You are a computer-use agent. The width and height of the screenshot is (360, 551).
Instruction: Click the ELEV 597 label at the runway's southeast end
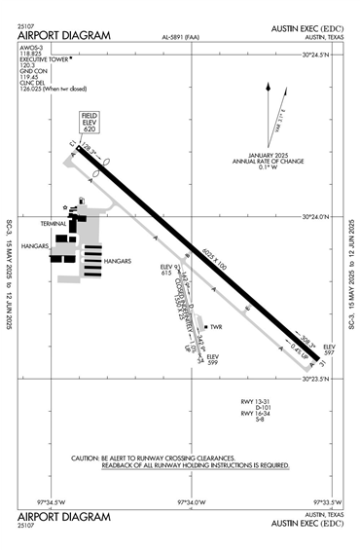pos(329,349)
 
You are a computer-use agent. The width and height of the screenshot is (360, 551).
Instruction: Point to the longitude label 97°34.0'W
pos(192,502)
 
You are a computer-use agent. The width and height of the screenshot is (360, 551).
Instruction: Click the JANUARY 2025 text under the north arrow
pos(251,155)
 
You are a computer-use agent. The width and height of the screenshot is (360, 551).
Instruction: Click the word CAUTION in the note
pos(88,458)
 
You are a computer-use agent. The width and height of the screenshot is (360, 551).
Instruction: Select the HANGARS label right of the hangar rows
pos(117,262)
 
